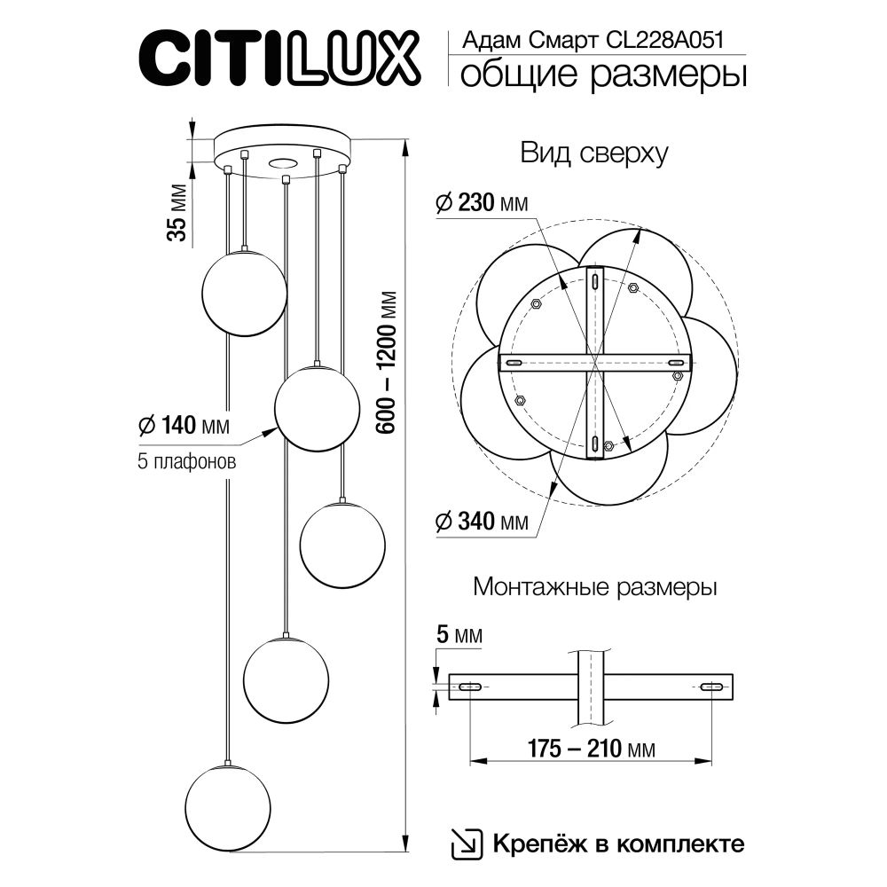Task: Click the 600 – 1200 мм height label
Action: point(385,364)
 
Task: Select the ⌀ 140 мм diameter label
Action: point(184,426)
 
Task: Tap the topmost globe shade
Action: point(244,293)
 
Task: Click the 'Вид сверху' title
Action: point(593,153)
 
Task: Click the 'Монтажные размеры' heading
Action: point(595,587)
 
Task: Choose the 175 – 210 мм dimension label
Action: point(589,750)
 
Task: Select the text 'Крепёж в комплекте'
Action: point(617,843)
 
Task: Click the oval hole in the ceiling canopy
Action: point(284,162)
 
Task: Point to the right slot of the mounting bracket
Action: point(710,687)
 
